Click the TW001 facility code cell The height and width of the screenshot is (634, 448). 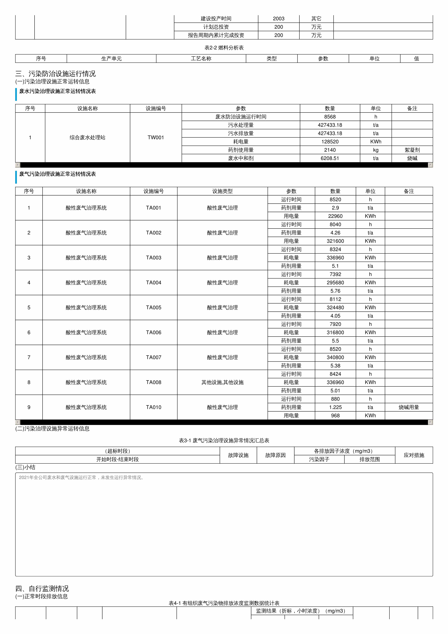pyautogui.click(x=156, y=137)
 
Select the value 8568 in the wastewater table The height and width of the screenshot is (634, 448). pyautogui.click(x=330, y=117)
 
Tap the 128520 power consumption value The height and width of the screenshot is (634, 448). pyautogui.click(x=330, y=142)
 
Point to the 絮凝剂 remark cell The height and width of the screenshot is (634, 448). pyautogui.click(x=412, y=150)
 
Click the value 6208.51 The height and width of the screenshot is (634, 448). pyautogui.click(x=330, y=158)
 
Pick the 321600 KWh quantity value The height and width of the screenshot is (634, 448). pyautogui.click(x=335, y=241)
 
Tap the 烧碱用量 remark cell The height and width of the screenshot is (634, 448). pyautogui.click(x=409, y=407)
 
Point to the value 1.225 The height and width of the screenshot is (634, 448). pyautogui.click(x=335, y=407)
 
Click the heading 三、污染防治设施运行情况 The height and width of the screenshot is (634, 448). pyautogui.click(x=55, y=74)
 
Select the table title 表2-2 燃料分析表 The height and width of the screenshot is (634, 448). pyautogui.click(x=224, y=48)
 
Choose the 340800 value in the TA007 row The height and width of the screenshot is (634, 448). pyautogui.click(x=335, y=357)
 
